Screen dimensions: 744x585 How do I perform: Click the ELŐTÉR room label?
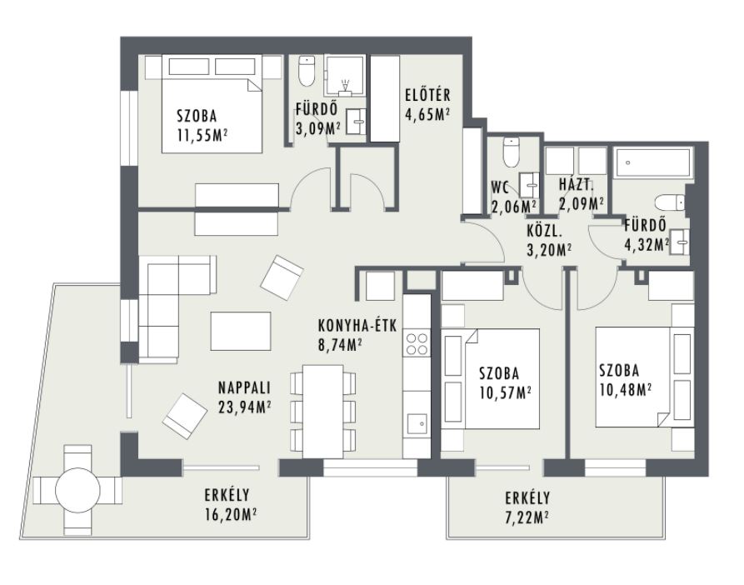pyautogui.click(x=427, y=95)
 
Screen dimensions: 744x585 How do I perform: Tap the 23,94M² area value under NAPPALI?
pyautogui.click(x=245, y=407)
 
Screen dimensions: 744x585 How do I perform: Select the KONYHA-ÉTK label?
pyautogui.click(x=357, y=326)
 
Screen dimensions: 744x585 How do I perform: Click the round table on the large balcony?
pyautogui.click(x=77, y=490)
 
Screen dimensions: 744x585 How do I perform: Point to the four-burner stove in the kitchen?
pyautogui.click(x=417, y=344)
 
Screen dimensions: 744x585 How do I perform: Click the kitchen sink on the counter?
pyautogui.click(x=417, y=422)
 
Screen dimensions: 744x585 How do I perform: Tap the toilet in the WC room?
pyautogui.click(x=511, y=152)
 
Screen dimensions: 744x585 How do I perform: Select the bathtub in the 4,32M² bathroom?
pyautogui.click(x=652, y=163)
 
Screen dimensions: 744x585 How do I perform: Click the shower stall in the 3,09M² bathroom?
pyautogui.click(x=345, y=75)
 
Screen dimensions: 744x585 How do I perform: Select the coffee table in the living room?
pyautogui.click(x=241, y=331)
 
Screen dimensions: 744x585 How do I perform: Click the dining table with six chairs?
pyautogui.click(x=323, y=412)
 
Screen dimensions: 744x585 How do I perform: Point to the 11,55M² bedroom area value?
pyautogui.click(x=202, y=135)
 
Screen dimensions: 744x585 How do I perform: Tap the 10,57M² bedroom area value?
pyautogui.click(x=505, y=392)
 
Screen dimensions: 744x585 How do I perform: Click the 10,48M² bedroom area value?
pyautogui.click(x=624, y=389)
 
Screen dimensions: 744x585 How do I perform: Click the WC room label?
pyautogui.click(x=500, y=187)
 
